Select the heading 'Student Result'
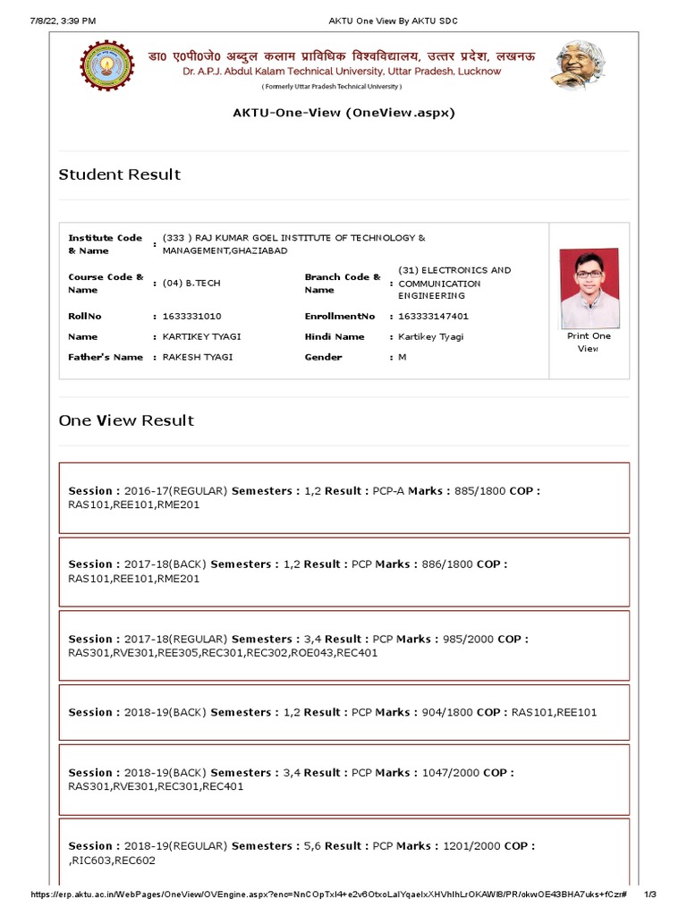pos(120,174)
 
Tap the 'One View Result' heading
pos(126,420)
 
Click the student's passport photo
pos(589,288)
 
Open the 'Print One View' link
pos(589,342)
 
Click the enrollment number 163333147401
pos(433,317)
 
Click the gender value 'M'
pos(402,357)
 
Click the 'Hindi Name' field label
pos(335,337)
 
